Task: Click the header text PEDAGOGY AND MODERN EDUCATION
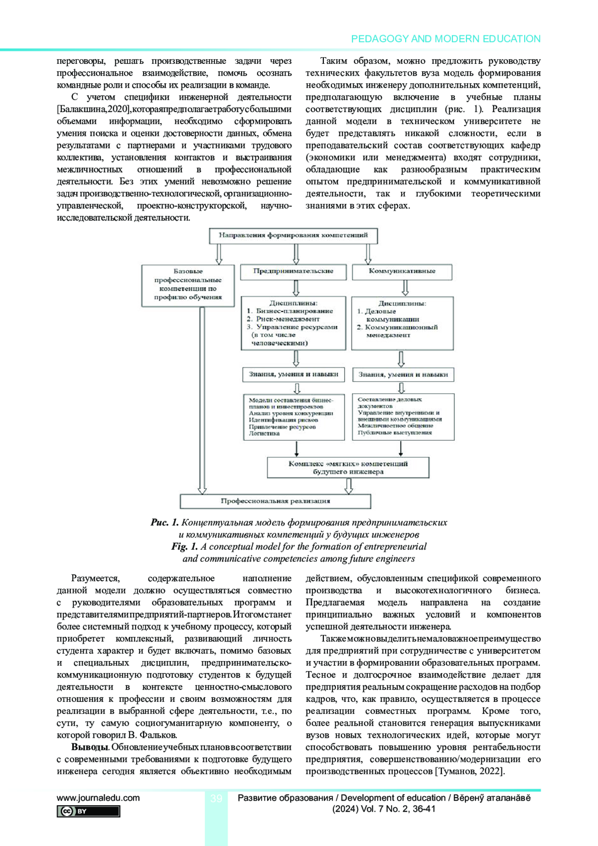446,39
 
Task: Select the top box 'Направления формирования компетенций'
293,235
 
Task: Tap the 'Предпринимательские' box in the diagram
293,272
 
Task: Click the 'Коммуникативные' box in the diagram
402,272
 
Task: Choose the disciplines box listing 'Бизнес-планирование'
293,323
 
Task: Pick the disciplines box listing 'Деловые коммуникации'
402,323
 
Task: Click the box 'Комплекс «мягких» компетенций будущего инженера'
348,468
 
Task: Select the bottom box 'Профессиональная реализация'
275,501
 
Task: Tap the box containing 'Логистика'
294,417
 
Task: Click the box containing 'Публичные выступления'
403,417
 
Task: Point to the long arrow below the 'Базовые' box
202,399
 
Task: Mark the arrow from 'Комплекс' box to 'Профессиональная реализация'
349,486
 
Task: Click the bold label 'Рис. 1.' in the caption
164,522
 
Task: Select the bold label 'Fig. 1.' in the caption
184,546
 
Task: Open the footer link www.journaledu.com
98,798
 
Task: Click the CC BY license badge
88,811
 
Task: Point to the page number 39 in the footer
216,799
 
